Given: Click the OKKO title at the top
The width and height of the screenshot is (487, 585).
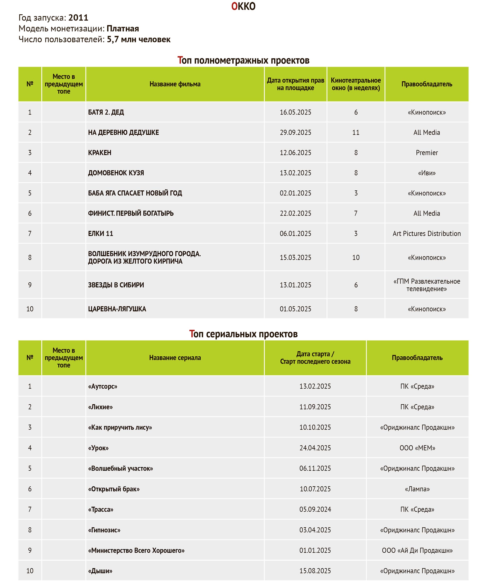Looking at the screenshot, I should [x=243, y=6].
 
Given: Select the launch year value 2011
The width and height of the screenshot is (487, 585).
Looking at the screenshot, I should [x=78, y=18].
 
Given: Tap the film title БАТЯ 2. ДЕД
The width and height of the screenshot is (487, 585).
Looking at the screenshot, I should [x=106, y=112].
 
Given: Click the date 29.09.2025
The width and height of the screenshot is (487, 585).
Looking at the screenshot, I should [x=295, y=132].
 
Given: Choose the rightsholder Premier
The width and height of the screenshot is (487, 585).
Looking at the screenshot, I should [x=427, y=153].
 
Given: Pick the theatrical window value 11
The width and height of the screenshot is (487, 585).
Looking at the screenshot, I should [x=356, y=132].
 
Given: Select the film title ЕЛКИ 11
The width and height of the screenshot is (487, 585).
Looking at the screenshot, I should [x=101, y=233].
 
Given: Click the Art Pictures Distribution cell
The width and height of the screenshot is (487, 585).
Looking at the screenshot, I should [x=427, y=233].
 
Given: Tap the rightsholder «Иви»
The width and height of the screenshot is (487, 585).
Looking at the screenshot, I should [x=427, y=173].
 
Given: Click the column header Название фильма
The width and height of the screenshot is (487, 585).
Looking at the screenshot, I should [x=175, y=84].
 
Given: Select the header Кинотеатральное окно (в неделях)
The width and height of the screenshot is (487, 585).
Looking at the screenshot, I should [x=356, y=84].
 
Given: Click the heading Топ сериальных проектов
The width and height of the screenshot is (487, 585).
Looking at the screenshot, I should [x=243, y=334].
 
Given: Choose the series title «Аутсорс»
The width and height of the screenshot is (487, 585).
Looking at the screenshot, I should [x=103, y=386].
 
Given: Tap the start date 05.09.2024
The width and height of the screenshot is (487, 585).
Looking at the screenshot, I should [x=315, y=509].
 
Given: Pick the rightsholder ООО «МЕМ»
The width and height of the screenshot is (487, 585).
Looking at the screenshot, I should [x=417, y=448].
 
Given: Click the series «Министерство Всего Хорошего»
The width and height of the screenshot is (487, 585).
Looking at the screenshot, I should [x=136, y=550].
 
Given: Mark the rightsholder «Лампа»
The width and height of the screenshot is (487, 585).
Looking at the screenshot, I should [x=417, y=489].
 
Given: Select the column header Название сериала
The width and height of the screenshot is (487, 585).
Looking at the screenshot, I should [x=175, y=358].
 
